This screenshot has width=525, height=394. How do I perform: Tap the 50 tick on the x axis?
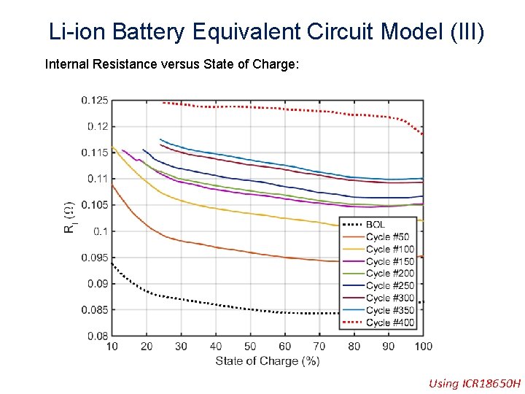250,346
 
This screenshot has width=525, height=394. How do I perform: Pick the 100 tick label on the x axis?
423,346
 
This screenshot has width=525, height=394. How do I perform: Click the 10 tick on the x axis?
112,346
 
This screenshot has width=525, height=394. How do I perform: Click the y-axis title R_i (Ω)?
70,218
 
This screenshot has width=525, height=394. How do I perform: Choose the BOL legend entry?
376,225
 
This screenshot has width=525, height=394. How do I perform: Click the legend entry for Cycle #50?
387,237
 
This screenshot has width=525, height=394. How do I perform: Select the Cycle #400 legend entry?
390,322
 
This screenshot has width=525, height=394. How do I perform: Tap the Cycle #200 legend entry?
390,274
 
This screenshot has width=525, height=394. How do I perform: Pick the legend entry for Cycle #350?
390,310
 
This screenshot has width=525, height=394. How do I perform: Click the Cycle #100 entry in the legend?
390,250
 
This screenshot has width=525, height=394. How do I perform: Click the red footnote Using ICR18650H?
475,383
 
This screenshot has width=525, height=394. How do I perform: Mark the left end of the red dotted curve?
163,102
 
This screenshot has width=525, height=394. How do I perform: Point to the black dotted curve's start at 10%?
112,266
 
